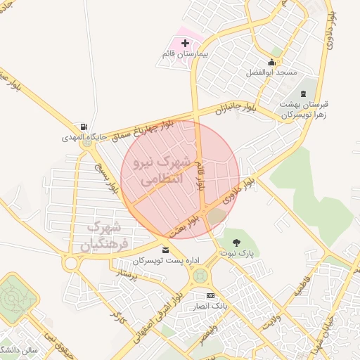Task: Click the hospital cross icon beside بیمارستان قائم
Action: (x=186, y=44)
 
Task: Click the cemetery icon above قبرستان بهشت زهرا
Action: (x=304, y=94)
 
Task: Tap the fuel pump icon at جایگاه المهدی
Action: (x=85, y=127)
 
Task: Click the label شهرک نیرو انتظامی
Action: (x=161, y=169)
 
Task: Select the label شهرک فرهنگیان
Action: (x=105, y=236)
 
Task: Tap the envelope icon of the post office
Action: (x=165, y=250)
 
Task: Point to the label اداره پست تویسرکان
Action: (x=163, y=261)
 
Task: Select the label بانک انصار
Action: (x=210, y=306)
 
